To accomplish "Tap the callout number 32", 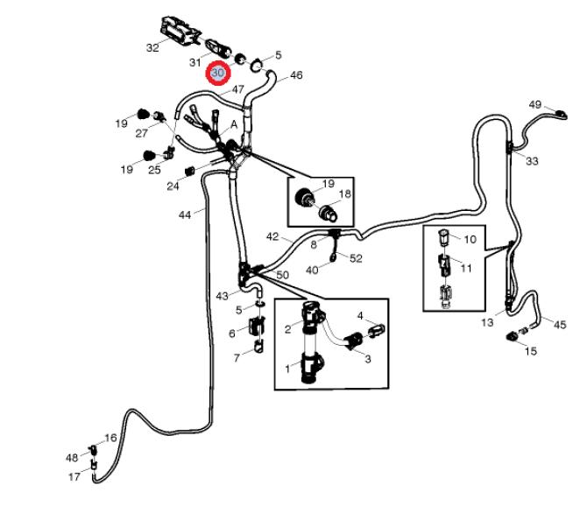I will point(152,47).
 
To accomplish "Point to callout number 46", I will point(296,76).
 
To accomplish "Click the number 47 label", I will point(237,89).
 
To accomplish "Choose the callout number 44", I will point(185,214).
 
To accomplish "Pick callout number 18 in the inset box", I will point(344,194).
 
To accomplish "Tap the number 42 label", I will point(272,236).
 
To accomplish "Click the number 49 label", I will point(535,105).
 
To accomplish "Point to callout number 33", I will point(533,161).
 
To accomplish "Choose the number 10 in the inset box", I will point(470,239).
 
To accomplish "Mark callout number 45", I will point(559,324).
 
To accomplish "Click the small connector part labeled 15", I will point(513,335).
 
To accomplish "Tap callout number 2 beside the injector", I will point(287,329).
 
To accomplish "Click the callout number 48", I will point(71,458).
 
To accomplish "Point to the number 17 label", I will point(74,477).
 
